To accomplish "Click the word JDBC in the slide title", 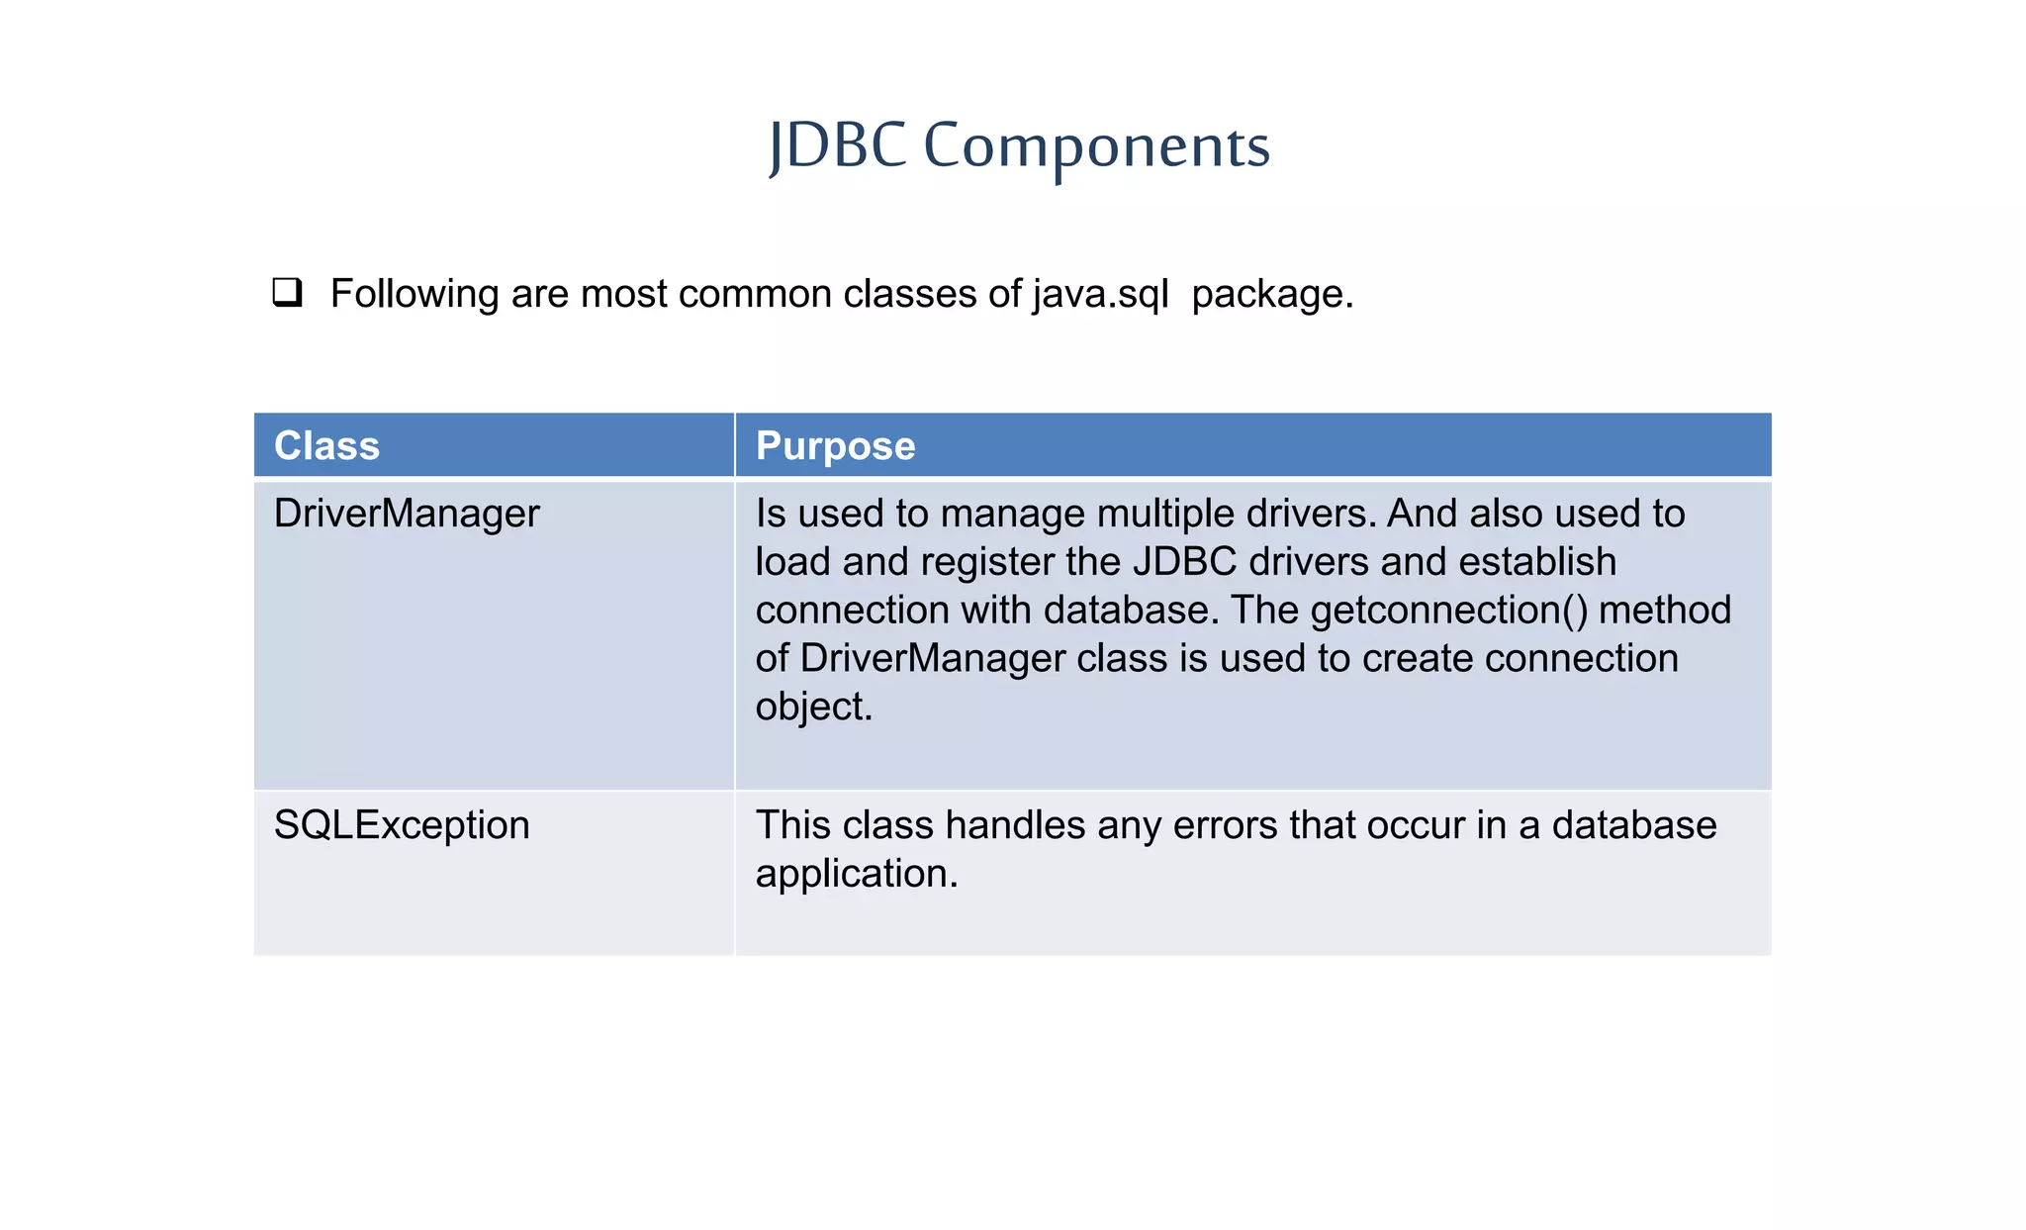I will point(837,145).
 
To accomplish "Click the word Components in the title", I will point(1096,145).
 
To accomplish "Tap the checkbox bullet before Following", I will point(287,293).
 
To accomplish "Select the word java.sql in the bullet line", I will point(1101,294).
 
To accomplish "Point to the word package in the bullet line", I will point(1271,294).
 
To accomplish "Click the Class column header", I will point(326,445).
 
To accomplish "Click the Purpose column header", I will point(835,445).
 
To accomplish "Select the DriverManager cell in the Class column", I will point(407,514).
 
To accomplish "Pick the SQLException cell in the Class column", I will point(402,825).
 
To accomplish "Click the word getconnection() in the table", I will point(1448,611).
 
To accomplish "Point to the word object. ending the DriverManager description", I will point(813,708).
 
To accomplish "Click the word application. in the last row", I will point(857,874).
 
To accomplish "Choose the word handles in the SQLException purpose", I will point(1015,825).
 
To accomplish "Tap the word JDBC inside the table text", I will point(1184,562).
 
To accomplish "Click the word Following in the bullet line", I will point(414,294).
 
